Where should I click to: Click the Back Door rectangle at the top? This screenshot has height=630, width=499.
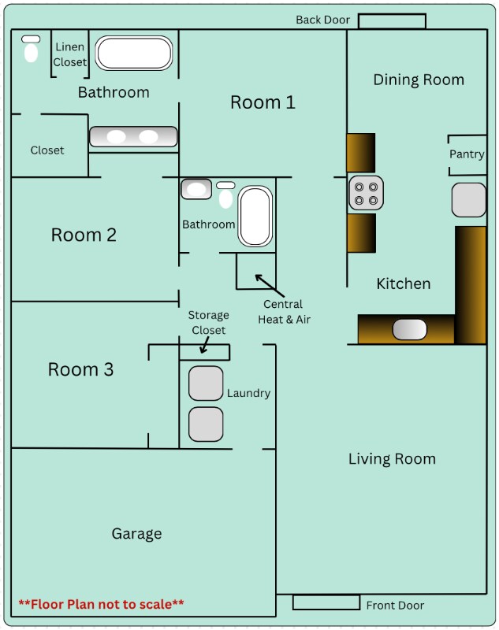click(x=392, y=21)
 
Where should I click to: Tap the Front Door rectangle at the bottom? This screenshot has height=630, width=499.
click(x=326, y=602)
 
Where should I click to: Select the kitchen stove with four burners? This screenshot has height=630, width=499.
click(x=366, y=193)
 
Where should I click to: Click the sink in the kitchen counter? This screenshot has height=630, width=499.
click(x=409, y=329)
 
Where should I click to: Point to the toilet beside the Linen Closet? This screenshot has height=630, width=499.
click(x=31, y=49)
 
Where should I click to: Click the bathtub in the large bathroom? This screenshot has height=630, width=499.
click(x=134, y=53)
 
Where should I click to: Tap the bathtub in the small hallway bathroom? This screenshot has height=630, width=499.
click(x=255, y=216)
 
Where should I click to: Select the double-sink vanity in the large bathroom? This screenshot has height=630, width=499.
click(x=133, y=136)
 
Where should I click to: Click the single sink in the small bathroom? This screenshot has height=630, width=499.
click(x=196, y=189)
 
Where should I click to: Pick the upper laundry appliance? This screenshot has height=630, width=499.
click(x=206, y=384)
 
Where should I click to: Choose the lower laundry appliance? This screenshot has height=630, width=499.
click(x=206, y=424)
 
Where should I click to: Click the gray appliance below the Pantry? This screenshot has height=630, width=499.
click(x=469, y=200)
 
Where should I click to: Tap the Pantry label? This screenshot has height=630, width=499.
click(x=467, y=154)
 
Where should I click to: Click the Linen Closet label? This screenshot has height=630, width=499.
click(x=70, y=54)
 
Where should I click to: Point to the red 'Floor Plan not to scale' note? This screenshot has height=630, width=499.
click(x=102, y=604)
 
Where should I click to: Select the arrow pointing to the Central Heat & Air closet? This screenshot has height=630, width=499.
click(x=270, y=286)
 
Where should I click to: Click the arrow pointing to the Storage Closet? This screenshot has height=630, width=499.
click(x=205, y=345)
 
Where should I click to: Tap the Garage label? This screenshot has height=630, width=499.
click(x=136, y=534)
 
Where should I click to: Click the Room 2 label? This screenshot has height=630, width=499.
click(x=84, y=235)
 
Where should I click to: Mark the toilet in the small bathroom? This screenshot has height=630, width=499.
click(x=225, y=195)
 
